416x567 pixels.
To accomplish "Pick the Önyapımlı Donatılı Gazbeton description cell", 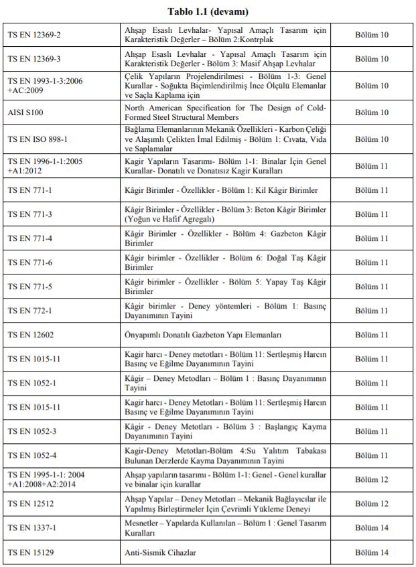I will pos(203,335).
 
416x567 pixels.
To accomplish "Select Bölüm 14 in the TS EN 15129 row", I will pos(372,552).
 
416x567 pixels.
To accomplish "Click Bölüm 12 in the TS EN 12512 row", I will pos(372,503).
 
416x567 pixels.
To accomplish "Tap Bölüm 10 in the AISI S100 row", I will pos(372,112).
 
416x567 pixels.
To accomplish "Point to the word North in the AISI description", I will pos(137,107).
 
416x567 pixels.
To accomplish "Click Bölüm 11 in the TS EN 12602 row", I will pos(372,335).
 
